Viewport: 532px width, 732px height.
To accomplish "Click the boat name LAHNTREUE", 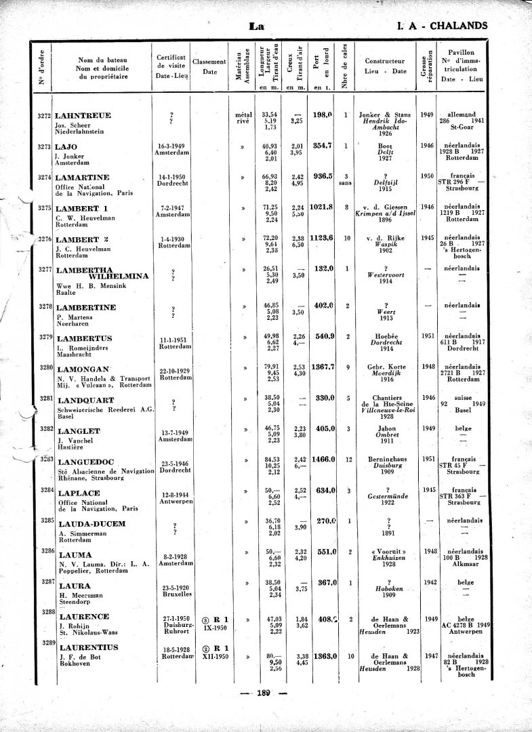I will coord(83,116).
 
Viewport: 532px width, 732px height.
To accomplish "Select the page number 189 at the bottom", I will coord(264,692).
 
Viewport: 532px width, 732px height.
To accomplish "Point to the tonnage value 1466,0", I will coord(323,460).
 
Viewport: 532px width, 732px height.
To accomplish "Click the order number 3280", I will coord(46,367).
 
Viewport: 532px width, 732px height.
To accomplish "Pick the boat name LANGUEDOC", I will coord(88,460).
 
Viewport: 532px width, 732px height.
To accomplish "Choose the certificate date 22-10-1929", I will coord(173,371).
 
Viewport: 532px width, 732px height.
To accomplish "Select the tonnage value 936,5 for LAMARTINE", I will coord(323,176).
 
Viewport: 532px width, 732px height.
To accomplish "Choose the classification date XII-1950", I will coord(214,657).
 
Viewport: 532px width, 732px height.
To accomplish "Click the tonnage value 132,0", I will coord(323,268).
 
